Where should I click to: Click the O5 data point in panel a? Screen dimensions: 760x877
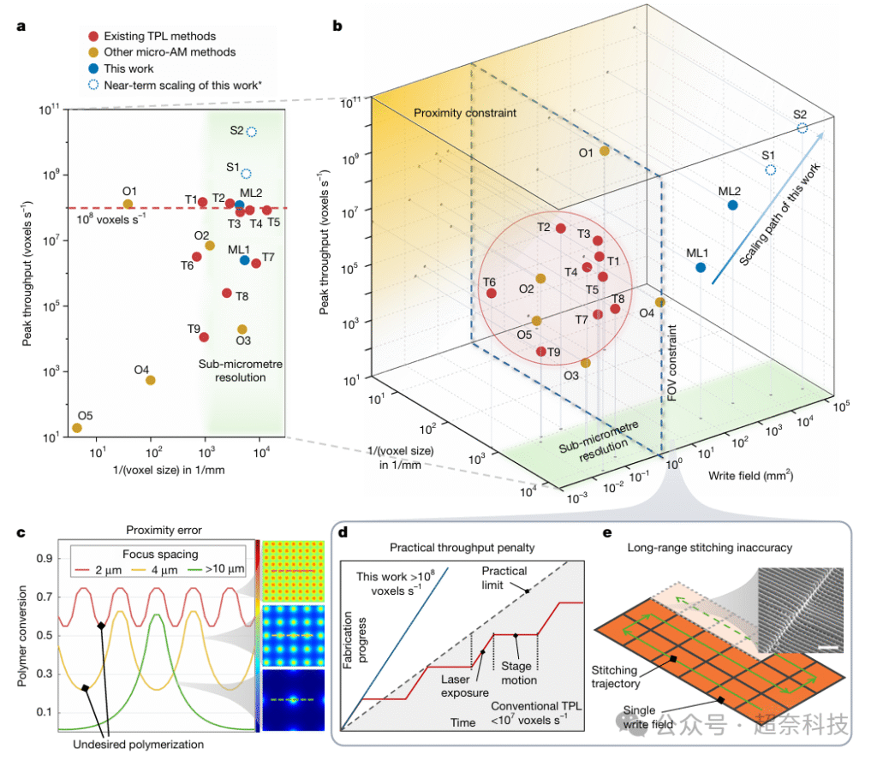[x=77, y=428]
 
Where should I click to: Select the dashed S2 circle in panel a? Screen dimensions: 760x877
[x=252, y=132]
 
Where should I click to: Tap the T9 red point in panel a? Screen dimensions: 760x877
[x=204, y=337]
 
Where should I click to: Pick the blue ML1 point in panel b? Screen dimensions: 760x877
[x=701, y=268]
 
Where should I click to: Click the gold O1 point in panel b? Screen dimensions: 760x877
[x=605, y=151]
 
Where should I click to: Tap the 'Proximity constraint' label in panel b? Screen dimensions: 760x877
[x=455, y=114]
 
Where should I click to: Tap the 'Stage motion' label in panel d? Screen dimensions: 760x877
[x=519, y=674]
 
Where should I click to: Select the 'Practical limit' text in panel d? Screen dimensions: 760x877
[x=528, y=578]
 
